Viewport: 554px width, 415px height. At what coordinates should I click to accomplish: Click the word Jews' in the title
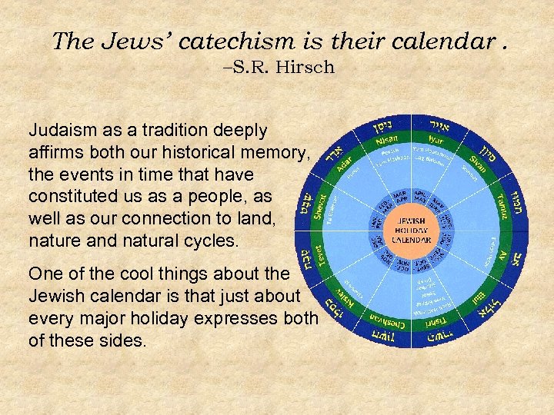click(130, 41)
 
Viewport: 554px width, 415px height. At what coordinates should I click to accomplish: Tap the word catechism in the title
click(225, 41)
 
